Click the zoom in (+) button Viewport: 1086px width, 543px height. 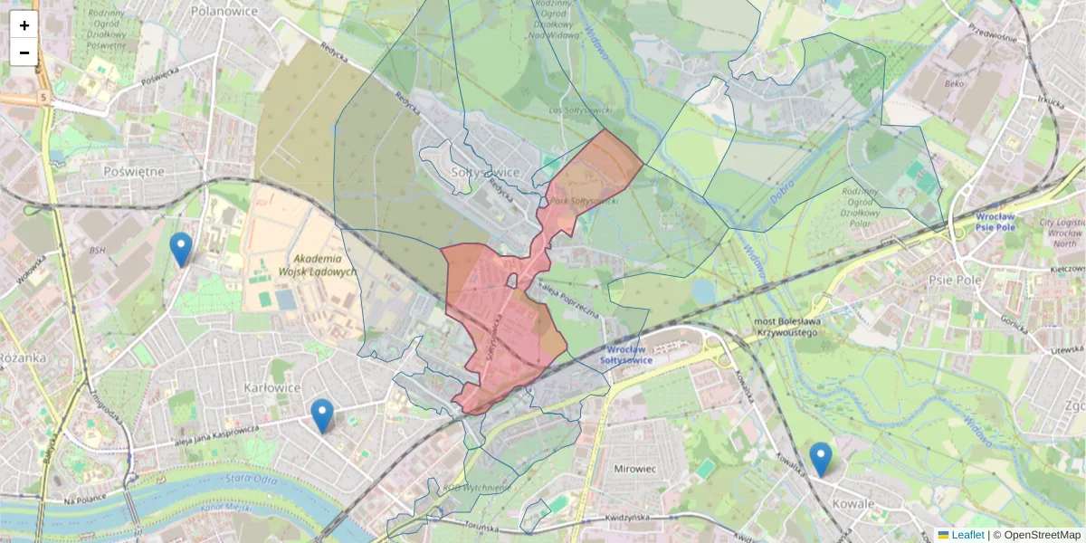(x=24, y=25)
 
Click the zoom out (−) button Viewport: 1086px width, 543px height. (x=24, y=52)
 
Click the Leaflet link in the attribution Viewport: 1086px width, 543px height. (x=967, y=535)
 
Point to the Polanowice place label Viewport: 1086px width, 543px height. (x=224, y=11)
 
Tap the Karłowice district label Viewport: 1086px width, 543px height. (x=271, y=387)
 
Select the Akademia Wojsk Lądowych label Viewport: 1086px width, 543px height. (x=306, y=264)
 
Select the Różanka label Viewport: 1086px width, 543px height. (x=22, y=357)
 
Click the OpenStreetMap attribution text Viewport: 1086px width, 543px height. (x=1041, y=535)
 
